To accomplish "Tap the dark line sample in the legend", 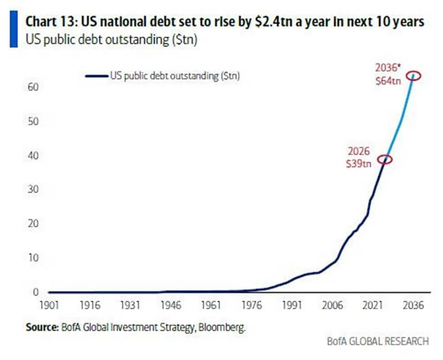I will (96, 76).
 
